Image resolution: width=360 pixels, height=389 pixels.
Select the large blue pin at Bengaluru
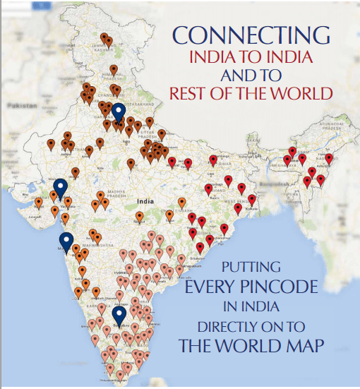[x=119, y=315]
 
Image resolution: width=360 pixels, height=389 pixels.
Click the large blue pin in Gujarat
[x=61, y=187]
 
